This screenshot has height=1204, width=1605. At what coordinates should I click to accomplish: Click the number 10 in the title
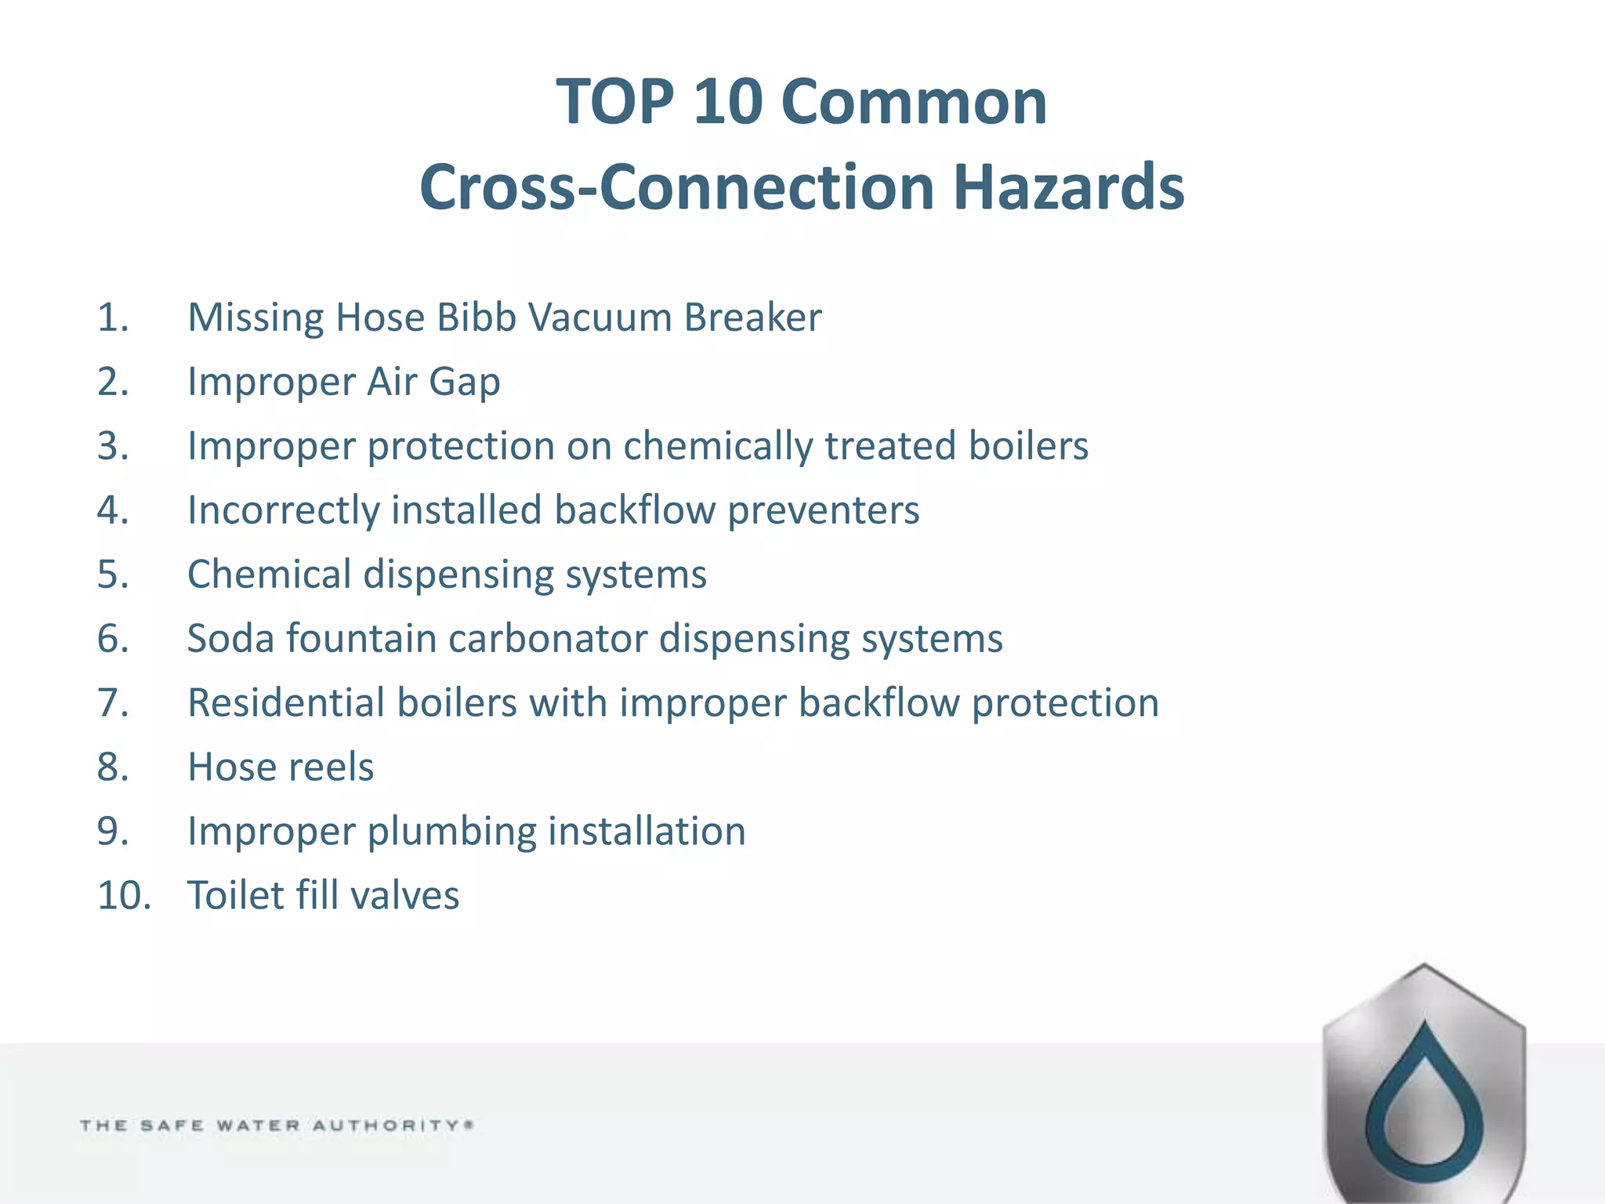727,102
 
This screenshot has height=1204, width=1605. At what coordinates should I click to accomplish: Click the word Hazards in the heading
1068,187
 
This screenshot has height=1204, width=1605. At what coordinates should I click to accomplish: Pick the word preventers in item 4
823,511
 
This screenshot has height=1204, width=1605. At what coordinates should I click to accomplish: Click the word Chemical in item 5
270,574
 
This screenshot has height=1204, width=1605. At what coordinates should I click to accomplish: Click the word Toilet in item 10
235,895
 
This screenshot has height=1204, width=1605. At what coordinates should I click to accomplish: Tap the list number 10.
124,895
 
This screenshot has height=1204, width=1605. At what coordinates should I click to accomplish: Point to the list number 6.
113,638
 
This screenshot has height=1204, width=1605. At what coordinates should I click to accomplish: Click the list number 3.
113,446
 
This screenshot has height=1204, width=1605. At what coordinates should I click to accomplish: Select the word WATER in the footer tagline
258,1126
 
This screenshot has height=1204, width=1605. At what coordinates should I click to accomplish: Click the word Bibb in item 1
476,317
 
